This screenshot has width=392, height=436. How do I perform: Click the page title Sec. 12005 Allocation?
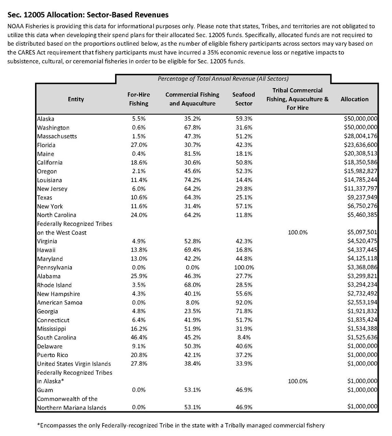click(x=88, y=15)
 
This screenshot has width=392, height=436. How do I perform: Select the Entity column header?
click(x=76, y=99)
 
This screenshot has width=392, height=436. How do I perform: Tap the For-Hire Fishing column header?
click(x=139, y=99)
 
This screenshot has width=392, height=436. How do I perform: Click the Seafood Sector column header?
click(x=244, y=99)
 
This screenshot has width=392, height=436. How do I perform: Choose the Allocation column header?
click(x=354, y=99)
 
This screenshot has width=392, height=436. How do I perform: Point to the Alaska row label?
click(x=46, y=119)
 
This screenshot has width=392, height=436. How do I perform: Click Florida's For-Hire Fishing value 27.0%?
click(x=139, y=145)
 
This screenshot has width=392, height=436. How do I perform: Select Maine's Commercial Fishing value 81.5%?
click(x=192, y=154)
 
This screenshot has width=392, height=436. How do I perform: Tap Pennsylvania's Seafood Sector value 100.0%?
click(x=244, y=267)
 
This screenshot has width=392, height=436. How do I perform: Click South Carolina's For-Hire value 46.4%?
click(x=139, y=337)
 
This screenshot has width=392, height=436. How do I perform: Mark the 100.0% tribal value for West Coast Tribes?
click(x=298, y=232)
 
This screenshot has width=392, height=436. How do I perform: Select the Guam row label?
click(x=45, y=390)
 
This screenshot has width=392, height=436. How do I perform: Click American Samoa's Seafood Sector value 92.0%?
click(x=244, y=302)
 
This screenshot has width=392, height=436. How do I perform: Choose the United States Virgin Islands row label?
click(x=74, y=364)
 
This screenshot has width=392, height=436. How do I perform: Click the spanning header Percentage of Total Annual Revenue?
click(x=223, y=79)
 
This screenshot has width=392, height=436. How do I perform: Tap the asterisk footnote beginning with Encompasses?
click(x=181, y=425)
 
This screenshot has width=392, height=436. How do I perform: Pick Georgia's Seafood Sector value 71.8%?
click(x=244, y=311)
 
